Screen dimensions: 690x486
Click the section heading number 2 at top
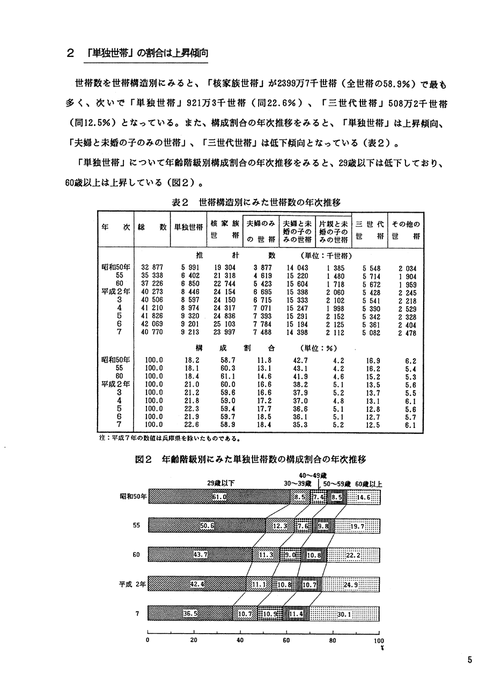(70, 54)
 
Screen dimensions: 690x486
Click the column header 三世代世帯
(369, 230)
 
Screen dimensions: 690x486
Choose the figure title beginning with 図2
(250, 460)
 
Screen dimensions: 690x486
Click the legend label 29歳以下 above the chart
(220, 483)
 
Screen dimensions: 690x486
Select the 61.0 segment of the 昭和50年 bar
(219, 497)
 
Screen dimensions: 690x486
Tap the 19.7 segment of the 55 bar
(357, 527)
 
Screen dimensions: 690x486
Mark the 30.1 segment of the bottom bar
(344, 613)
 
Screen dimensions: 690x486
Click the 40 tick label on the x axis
(240, 640)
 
